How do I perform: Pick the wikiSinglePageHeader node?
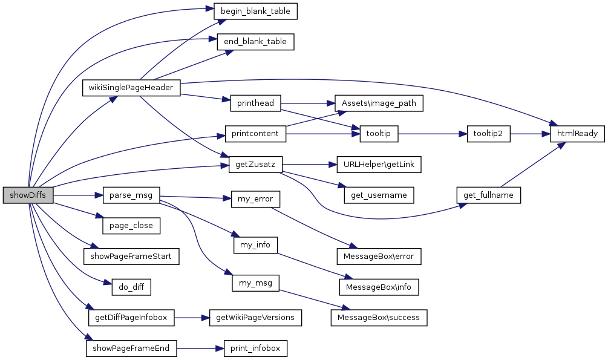pyautogui.click(x=131, y=88)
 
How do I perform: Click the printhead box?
pyautogui.click(x=256, y=103)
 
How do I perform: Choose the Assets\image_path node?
pyautogui.click(x=379, y=103)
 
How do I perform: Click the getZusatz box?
pyautogui.click(x=256, y=165)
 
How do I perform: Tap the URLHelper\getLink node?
pyautogui.click(x=374, y=165)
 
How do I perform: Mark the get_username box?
pyautogui.click(x=379, y=195)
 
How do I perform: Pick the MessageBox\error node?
pyautogui.click(x=379, y=256)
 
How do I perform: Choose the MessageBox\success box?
pyautogui.click(x=379, y=317)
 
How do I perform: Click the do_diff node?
pyautogui.click(x=131, y=286)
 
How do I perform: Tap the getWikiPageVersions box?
pyautogui.click(x=255, y=317)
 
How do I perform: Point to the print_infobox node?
pyautogui.click(x=255, y=348)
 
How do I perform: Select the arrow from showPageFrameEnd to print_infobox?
pyautogui.click(x=200, y=348)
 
